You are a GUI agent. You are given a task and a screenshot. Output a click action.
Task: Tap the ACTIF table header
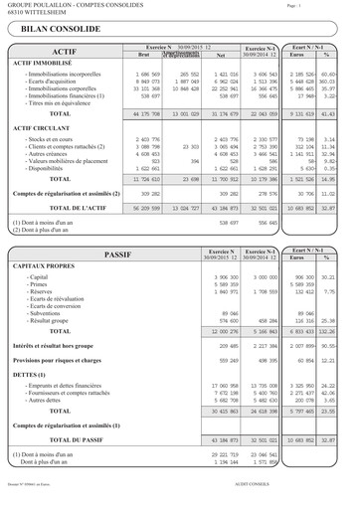64,50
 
